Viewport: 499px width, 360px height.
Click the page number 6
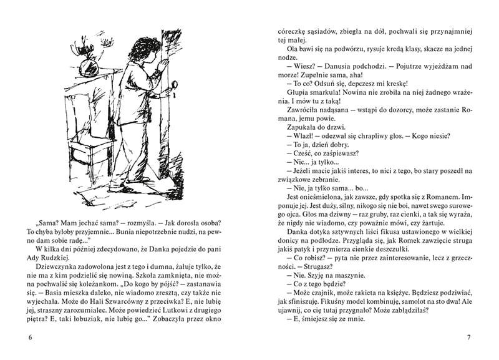tap(30, 338)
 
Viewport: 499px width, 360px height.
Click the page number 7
tap(468, 338)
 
